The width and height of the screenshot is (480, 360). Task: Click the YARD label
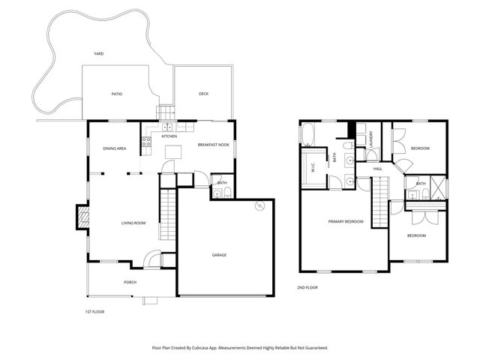98,54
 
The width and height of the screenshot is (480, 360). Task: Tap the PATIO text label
117,94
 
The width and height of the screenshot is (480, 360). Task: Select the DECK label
203,94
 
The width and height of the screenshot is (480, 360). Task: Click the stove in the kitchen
147,140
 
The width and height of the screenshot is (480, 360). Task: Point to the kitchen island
173,152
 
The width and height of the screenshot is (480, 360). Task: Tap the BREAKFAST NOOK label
214,144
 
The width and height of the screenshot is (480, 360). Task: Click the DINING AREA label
115,148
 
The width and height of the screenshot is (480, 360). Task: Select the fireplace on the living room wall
83,218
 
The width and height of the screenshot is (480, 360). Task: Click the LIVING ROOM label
133,223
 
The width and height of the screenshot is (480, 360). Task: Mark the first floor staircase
168,214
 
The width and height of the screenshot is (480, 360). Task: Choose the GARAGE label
218,255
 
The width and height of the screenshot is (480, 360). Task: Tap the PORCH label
130,282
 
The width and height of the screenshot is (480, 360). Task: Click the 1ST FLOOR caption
94,310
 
